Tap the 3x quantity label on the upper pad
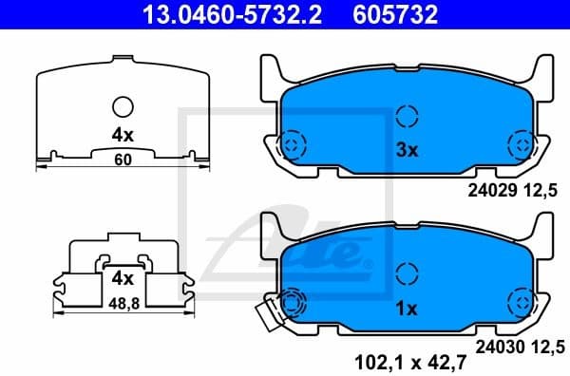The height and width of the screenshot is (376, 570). coord(407,150)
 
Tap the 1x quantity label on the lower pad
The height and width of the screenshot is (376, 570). coord(407,309)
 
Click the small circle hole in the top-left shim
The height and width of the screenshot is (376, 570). coord(123,106)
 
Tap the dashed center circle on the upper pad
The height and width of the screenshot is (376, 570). coord(407,117)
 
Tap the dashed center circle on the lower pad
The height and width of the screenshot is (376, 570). coord(407,275)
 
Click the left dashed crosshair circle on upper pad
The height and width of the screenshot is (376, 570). coord(292,143)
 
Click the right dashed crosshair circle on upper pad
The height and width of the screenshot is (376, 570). coord(521,143)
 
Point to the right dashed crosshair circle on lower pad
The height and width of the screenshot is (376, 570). coord(521,303)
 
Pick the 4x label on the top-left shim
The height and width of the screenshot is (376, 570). coord(122,135)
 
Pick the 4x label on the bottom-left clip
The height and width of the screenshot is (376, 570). coord(122,279)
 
